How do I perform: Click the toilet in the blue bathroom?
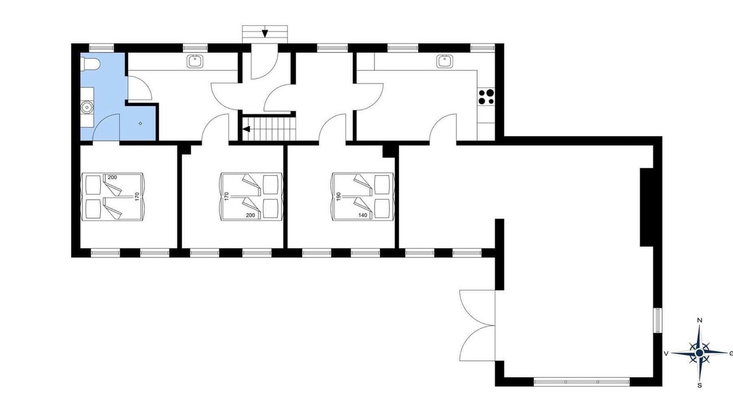point(90,64)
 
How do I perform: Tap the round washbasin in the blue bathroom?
point(86,107)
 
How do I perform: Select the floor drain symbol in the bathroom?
point(140,123)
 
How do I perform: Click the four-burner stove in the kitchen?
point(486,97)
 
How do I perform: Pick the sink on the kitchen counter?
point(445,61)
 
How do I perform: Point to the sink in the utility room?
point(195,61)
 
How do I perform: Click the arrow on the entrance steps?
point(265,33)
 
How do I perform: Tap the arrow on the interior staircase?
point(246,129)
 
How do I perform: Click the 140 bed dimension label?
point(362,215)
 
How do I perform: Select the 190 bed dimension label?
point(338,196)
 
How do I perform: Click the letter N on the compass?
point(700,320)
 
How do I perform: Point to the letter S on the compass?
point(700,386)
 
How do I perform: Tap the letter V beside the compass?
point(665,354)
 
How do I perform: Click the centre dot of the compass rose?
point(700,353)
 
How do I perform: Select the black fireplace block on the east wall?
point(647,207)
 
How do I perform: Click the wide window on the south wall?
point(582,382)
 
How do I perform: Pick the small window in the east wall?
point(658,320)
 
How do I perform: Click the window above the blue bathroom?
point(102,48)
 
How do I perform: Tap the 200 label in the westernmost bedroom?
point(112,177)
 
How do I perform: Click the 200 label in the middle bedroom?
point(250,215)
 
